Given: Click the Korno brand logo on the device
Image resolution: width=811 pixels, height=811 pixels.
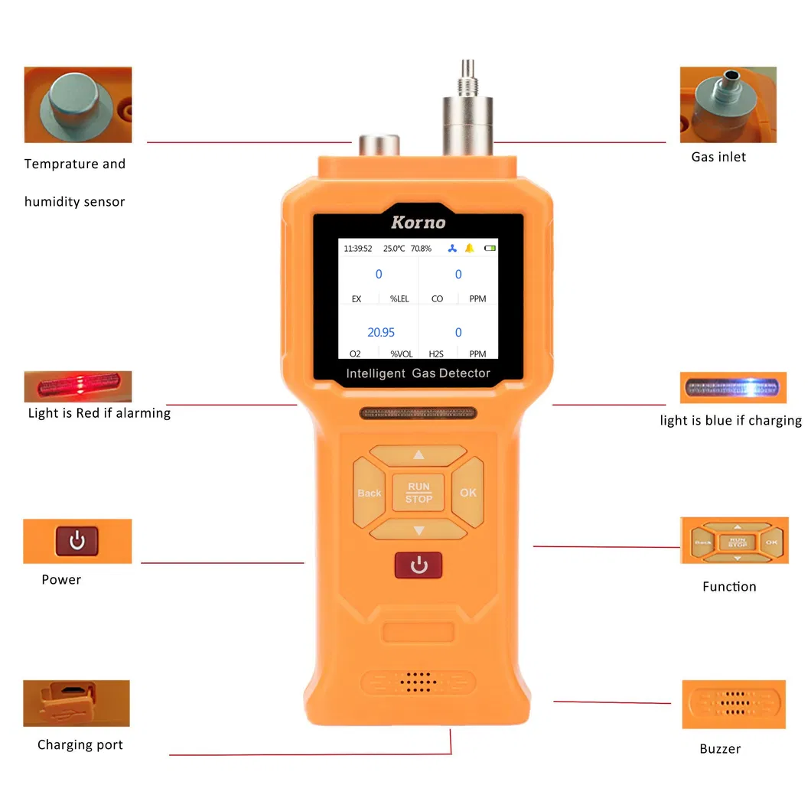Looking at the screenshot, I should pos(418,223).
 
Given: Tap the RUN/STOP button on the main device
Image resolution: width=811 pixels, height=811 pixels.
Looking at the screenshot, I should pos(419,492).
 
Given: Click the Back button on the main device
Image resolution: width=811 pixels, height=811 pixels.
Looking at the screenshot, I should pos(369,493).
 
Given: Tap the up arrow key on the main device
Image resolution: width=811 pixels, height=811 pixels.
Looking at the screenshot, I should pos(418,454).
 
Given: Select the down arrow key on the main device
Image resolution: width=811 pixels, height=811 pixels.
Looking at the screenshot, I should pos(418,530).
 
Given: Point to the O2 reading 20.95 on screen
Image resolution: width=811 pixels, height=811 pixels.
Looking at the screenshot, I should pos(381,332).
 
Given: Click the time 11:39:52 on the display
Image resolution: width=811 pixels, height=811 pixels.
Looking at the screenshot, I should pos(358,249).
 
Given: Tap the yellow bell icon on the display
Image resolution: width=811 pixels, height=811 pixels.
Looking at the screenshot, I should pos(469,249).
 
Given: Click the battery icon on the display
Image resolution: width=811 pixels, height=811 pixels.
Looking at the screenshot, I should pos(490,249).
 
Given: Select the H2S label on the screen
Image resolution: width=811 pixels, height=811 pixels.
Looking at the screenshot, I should pos(437,353).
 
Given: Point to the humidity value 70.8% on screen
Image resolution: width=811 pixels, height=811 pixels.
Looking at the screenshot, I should pos(421,249).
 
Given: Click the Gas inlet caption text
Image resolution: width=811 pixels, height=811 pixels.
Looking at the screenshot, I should pos(718,157).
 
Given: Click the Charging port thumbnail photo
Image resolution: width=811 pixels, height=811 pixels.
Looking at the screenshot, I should pos(77,703).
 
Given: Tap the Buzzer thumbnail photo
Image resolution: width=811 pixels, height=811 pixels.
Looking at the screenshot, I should pos(734,704).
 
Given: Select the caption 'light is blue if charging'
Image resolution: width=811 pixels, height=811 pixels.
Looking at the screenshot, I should pos(731,420).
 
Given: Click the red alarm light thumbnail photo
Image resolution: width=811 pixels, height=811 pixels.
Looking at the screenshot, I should pos(77,386).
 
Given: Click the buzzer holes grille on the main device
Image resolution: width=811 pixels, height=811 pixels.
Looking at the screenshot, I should pos(419,682).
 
